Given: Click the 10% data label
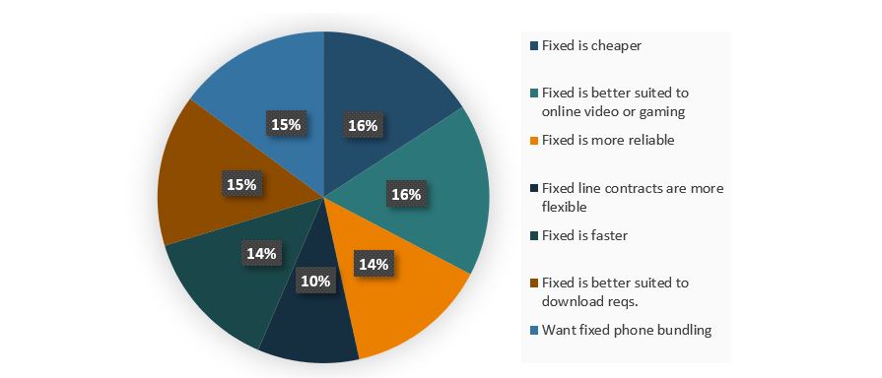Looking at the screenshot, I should coord(316,281).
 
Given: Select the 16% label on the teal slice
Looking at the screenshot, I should coord(405,194).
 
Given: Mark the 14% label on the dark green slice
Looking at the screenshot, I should coord(261,252).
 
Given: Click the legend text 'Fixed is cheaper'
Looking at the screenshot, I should coord(587,45).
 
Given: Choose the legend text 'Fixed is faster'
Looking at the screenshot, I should coord(584,235).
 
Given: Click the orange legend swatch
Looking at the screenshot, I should coord(534,141).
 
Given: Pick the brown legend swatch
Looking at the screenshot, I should coord(534,283).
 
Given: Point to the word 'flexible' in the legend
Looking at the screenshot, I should coord(565,207).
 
